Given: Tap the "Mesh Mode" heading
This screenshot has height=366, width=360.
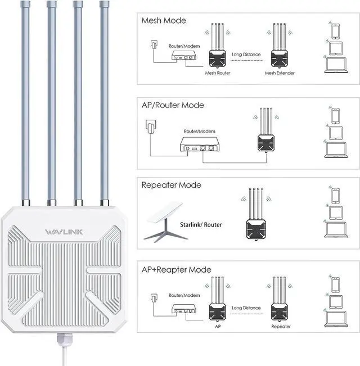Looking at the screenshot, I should [x=164, y=21].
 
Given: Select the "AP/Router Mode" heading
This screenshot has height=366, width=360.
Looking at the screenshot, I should [x=173, y=105].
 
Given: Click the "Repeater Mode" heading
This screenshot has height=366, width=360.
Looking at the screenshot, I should [x=171, y=185].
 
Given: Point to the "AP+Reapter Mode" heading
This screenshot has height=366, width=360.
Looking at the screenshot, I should [x=176, y=269].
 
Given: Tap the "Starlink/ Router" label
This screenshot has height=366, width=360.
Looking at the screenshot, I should [x=201, y=225].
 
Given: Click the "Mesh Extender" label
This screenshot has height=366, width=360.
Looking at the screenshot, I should [x=280, y=73].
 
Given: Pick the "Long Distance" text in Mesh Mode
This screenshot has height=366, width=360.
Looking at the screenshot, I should [x=246, y=55].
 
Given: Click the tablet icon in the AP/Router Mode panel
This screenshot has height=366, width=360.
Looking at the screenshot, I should [x=334, y=133].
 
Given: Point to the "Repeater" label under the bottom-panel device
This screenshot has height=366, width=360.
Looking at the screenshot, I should [x=281, y=326].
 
